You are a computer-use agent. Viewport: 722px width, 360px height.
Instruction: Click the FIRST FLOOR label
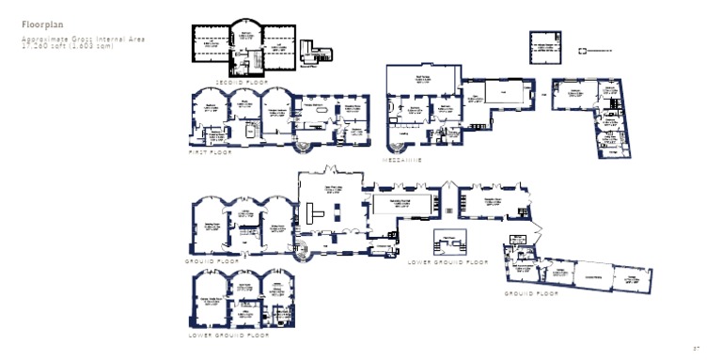point(211,152)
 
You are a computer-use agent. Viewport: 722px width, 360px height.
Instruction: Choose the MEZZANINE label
point(401,161)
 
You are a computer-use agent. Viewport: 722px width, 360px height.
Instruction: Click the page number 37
point(697,347)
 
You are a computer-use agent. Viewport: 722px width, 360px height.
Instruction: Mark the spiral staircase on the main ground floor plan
point(302,250)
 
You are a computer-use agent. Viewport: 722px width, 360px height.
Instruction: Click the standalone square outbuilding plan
point(542,46)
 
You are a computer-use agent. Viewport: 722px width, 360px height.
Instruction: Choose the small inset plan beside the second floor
point(310,57)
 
